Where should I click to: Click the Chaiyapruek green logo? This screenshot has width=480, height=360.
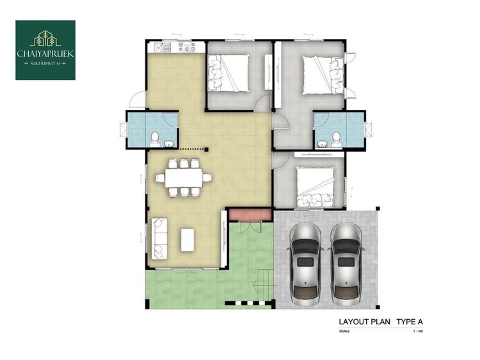[45, 50]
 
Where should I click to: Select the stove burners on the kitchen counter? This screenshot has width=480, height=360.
[186, 47]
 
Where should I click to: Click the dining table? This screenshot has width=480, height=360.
[184, 178]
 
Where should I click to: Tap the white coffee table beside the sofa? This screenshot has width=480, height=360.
[188, 240]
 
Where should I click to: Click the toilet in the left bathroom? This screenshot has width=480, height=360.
[155, 138]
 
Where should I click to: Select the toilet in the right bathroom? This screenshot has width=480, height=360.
[337, 138]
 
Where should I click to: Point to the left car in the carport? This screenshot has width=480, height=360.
[305, 265]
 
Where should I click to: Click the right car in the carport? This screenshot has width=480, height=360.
[346, 265]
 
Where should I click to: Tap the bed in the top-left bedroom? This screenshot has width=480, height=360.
[228, 73]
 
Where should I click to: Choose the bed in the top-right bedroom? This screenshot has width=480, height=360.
[323, 75]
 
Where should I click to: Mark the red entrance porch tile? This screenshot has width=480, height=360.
[250, 214]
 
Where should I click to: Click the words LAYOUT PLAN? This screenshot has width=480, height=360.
[364, 322]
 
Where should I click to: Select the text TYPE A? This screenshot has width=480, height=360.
[410, 322]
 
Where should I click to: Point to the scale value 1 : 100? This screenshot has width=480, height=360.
[418, 331]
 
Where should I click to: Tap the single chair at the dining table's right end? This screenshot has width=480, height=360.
[207, 177]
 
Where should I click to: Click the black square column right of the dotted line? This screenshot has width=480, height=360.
[207, 150]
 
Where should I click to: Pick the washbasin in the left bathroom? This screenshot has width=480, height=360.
[169, 143]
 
